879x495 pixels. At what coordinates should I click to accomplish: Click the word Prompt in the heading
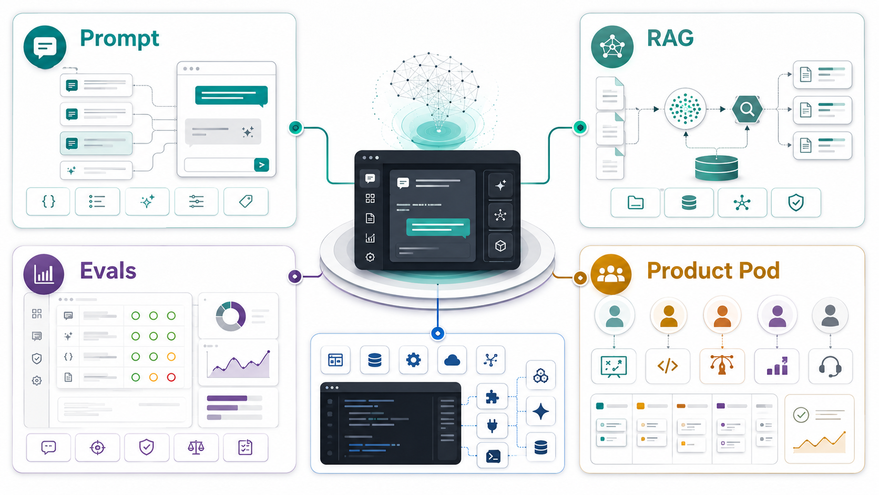click(119, 39)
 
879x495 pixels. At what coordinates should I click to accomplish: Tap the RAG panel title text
click(670, 38)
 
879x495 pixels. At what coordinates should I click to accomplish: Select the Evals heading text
click(108, 271)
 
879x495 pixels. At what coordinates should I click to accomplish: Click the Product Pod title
click(713, 271)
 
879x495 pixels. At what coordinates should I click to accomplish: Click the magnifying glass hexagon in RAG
click(747, 109)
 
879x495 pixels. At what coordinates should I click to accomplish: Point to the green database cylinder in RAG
click(716, 168)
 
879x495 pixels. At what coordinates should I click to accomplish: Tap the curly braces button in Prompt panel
click(48, 202)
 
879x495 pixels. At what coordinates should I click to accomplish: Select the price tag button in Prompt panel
click(246, 202)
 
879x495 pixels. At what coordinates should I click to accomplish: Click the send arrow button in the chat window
click(261, 165)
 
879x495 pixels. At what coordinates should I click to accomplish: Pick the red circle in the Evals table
click(171, 377)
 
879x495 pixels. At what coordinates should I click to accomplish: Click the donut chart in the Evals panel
click(231, 316)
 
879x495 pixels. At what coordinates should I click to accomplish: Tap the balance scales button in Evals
click(196, 447)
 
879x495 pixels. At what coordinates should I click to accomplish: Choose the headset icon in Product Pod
click(830, 366)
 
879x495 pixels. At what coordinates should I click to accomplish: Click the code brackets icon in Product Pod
click(668, 366)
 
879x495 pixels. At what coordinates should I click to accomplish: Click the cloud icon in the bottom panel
click(452, 360)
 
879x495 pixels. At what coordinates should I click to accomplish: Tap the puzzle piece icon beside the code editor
click(492, 397)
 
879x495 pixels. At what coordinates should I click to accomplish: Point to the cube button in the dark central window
click(500, 246)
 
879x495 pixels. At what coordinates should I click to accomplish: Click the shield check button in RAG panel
click(796, 203)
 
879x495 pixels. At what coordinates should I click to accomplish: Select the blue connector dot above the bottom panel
click(438, 334)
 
